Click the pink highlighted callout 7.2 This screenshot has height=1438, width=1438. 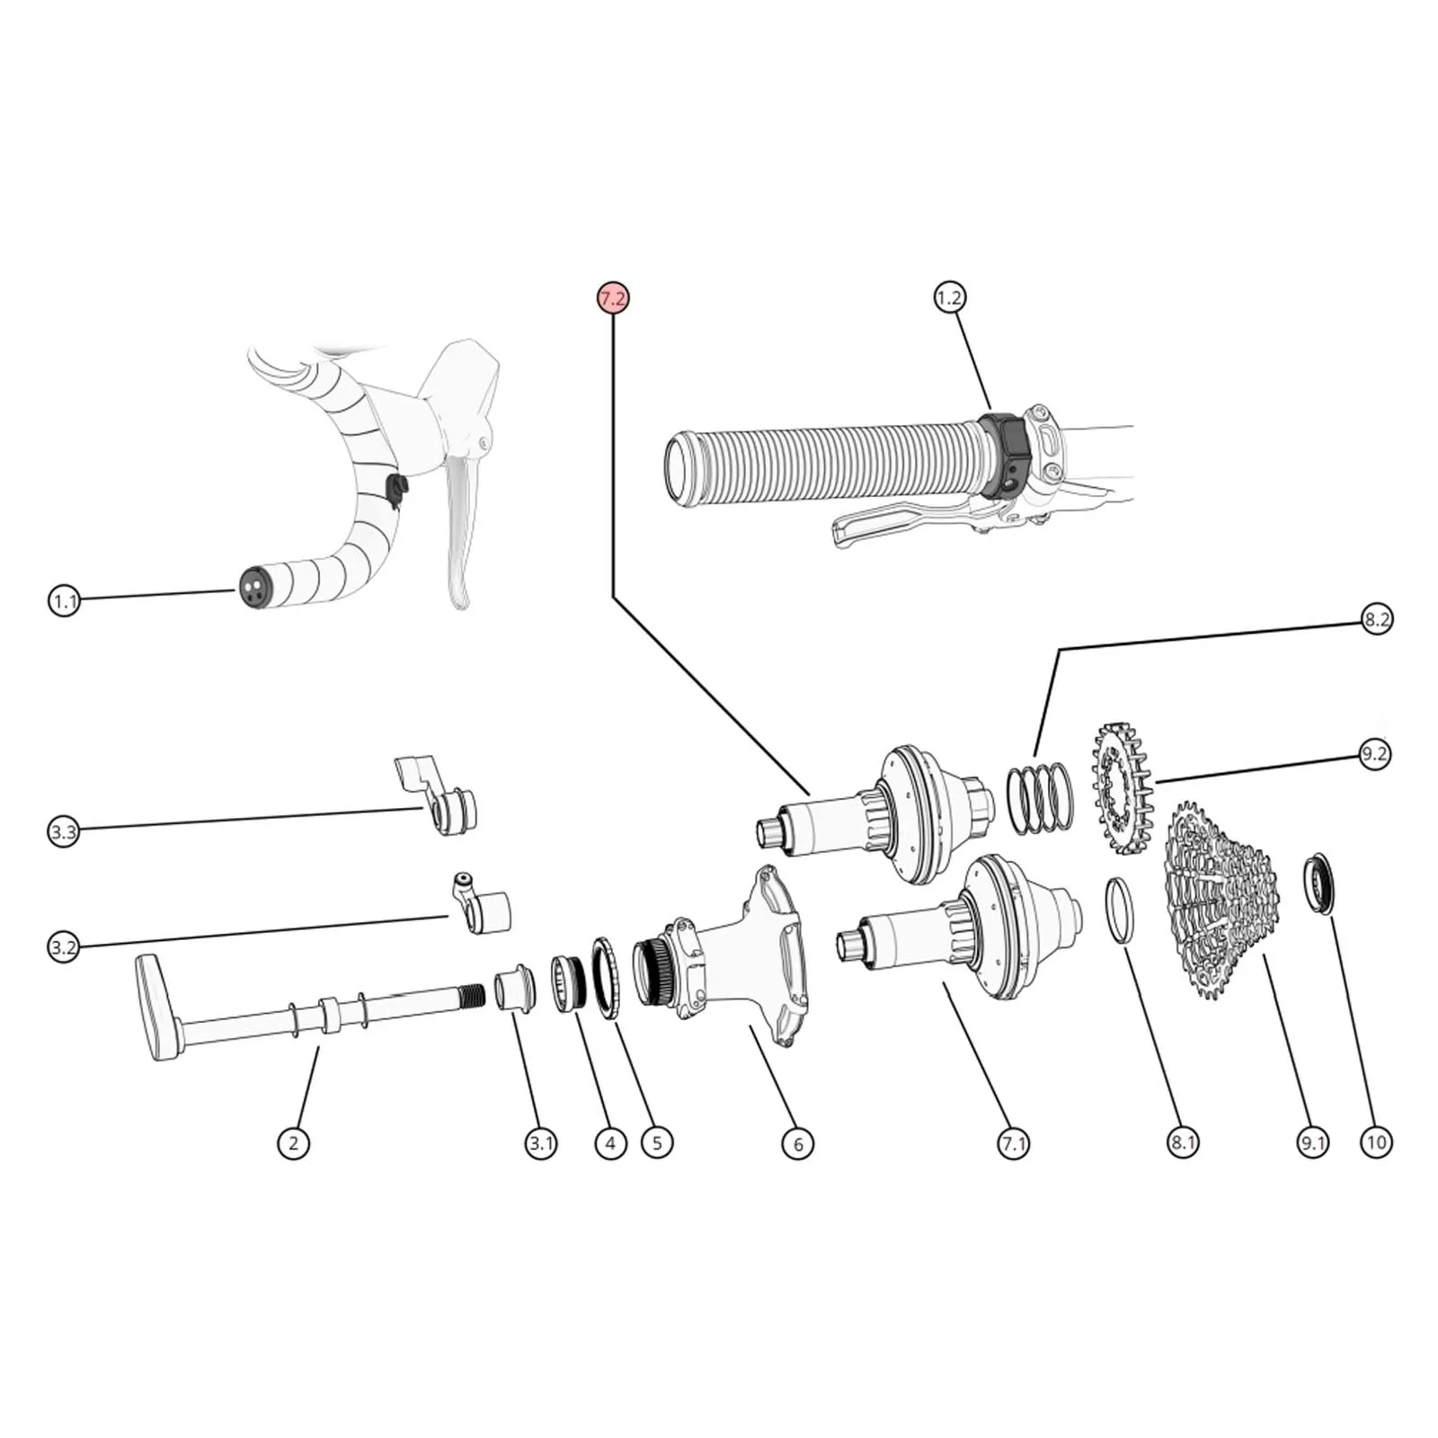coord(612,298)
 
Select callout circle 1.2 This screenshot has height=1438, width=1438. coord(949,297)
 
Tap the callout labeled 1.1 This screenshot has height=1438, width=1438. coord(64,600)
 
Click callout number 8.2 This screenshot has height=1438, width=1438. coord(1376,619)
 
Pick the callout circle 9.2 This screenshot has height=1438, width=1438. coord(1373,754)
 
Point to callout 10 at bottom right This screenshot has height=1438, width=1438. coord(1376,1142)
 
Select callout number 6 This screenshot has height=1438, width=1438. coord(797,1143)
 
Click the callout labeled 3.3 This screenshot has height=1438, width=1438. coord(64,831)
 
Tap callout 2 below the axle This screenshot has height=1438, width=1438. coord(293,1143)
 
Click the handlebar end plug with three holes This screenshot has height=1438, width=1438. coord(253,586)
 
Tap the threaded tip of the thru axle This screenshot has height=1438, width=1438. coord(473,996)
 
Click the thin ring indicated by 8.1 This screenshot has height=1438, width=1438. coord(1118,910)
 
